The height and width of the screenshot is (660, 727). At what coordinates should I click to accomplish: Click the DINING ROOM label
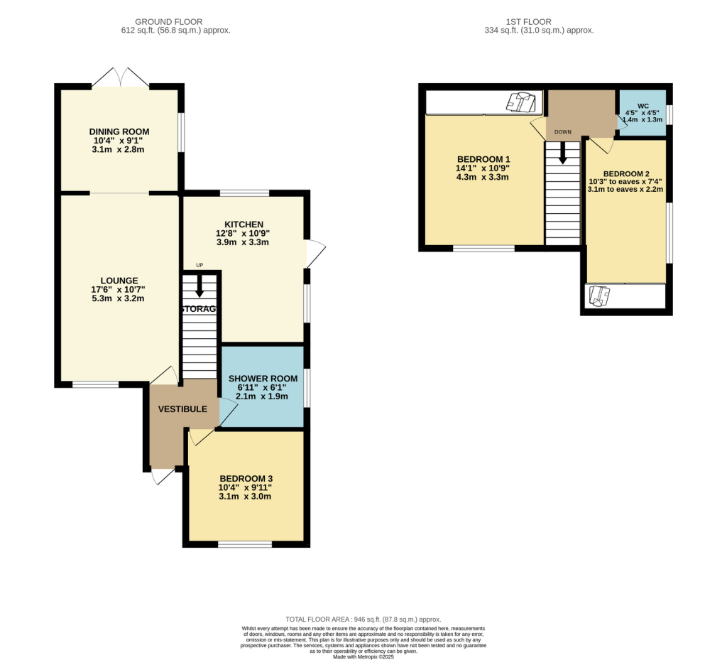119,131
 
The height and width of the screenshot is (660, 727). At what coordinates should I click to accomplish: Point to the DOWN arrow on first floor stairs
563,152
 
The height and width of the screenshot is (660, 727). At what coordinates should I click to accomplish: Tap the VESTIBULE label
182,409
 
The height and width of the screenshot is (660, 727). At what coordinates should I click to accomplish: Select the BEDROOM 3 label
246,479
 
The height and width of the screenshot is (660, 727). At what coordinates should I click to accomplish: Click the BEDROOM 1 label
483,159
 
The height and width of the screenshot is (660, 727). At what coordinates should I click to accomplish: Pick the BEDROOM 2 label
626,173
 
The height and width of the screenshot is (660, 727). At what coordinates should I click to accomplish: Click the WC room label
643,105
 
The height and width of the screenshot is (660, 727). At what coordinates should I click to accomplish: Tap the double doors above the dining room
120,77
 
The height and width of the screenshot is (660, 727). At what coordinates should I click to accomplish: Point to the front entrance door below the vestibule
162,476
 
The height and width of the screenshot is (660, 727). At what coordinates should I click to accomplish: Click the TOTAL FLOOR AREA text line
363,619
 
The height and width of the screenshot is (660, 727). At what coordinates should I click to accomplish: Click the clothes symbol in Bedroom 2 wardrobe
599,296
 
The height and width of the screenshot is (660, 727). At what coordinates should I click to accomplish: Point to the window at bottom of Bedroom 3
245,545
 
